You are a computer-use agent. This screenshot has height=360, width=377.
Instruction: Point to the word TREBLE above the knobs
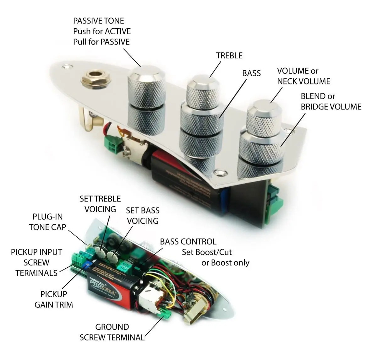tap(229, 56)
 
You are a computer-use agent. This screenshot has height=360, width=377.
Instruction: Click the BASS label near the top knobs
tap(251, 73)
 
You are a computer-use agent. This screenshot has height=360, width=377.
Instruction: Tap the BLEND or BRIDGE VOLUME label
tap(331, 101)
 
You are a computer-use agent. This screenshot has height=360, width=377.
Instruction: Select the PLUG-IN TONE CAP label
tap(47, 222)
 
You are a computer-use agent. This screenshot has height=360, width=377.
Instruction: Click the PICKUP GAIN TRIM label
tap(54, 299)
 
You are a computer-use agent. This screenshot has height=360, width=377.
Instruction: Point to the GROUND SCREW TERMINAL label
tap(112, 332)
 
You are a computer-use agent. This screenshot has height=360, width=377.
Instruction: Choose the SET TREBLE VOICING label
tap(100, 204)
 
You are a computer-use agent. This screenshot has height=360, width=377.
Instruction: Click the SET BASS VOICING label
tap(143, 216)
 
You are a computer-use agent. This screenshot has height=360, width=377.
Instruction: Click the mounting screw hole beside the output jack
tap(66, 67)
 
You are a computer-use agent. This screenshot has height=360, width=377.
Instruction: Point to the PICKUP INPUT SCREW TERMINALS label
tap(36, 262)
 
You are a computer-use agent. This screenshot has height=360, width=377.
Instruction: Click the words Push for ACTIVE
tap(102, 31)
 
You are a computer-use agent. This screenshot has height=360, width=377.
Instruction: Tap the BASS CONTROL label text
tap(188, 242)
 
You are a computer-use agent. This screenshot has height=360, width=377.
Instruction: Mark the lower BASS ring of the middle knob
tap(201, 119)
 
